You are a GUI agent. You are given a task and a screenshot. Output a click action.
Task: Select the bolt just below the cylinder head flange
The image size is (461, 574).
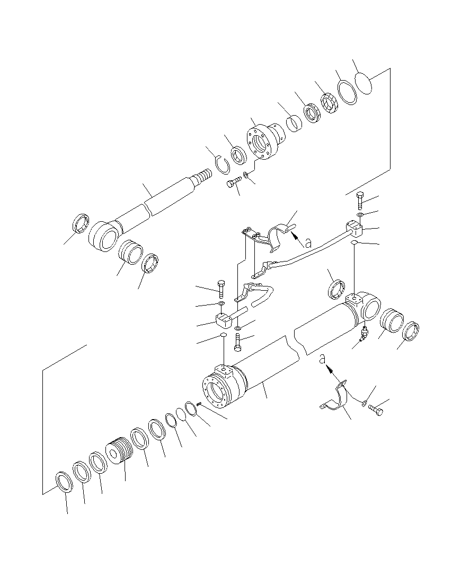coord(233,184)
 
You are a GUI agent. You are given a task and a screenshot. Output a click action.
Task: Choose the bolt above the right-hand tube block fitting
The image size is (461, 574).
coord(360,200)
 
